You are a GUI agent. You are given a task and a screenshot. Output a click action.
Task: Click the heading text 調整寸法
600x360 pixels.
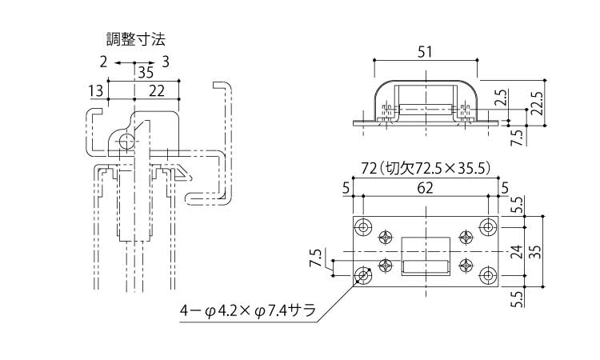pos(136,38)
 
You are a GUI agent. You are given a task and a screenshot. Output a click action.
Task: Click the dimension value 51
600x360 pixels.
pos(426,52)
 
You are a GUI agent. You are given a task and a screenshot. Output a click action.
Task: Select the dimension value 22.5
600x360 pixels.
pos(537,102)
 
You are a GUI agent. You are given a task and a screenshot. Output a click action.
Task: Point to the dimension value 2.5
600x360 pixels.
pos(501,98)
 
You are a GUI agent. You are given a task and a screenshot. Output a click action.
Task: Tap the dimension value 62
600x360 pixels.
pos(426,189)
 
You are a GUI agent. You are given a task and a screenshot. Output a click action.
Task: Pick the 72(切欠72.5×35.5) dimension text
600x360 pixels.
pos(426,168)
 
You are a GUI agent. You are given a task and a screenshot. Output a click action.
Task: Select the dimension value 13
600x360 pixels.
pos(96,91)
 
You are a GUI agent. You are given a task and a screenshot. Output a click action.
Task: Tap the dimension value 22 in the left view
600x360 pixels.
pos(157,91)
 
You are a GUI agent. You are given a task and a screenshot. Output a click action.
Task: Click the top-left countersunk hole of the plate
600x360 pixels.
pos(364,228)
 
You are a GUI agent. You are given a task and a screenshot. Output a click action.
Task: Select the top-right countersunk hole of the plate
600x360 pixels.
pos(487,228)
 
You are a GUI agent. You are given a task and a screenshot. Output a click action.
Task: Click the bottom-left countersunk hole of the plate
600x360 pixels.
pos(364,275)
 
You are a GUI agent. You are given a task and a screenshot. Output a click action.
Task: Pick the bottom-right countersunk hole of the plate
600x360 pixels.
pos(487,275)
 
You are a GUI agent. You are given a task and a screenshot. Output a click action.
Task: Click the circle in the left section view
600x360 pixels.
pos(126,142)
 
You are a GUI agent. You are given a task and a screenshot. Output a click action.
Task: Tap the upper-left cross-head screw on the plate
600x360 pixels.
pos(387,237)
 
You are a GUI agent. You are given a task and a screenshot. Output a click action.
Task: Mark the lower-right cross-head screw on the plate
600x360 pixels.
pos(466,266)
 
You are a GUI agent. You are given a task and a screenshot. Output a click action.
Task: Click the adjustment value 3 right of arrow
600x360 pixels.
pos(165,62)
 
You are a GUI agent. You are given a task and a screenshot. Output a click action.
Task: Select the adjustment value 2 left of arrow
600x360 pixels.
pos(103,62)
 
